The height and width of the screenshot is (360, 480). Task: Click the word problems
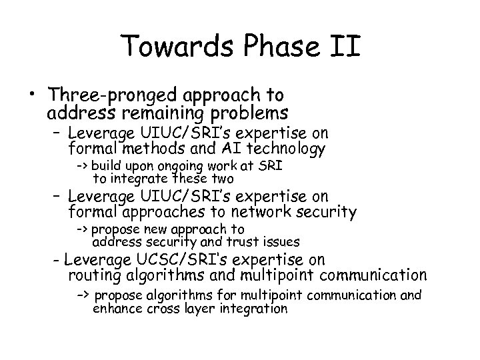pos(254,111)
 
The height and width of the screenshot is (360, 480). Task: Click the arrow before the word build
pos(83,166)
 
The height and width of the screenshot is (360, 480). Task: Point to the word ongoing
pos(182,166)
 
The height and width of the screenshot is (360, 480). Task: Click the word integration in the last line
pos(253,309)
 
